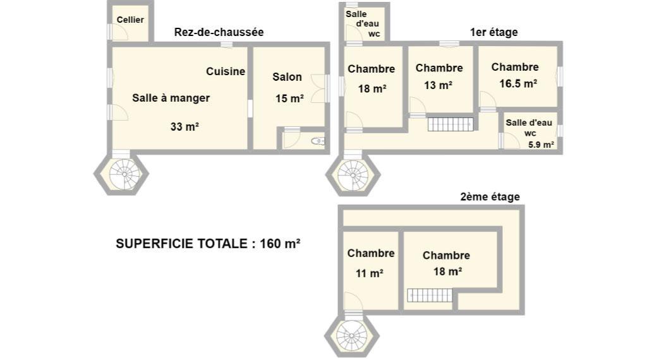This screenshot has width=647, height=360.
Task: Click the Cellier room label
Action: click(x=130, y=20)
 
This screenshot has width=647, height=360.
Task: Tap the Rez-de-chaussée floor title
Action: click(x=219, y=32)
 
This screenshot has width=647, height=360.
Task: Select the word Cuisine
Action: click(x=226, y=71)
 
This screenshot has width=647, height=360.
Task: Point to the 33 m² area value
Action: click(x=184, y=126)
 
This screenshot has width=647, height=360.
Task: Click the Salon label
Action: click(x=287, y=77)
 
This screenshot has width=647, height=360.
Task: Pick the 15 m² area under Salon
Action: click(x=289, y=99)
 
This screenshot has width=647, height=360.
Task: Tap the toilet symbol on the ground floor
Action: click(x=318, y=141)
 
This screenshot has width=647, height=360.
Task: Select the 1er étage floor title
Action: click(x=494, y=32)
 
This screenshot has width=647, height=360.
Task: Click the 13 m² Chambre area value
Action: click(x=438, y=85)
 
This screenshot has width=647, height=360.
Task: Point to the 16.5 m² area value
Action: click(x=518, y=84)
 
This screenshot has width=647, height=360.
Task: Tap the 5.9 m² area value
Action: click(x=541, y=145)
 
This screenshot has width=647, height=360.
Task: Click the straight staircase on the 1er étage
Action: click(x=450, y=124)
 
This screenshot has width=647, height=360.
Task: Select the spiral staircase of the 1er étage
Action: click(x=353, y=175)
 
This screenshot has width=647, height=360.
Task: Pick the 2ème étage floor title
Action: click(x=490, y=196)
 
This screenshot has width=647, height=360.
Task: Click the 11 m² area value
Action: click(x=370, y=273)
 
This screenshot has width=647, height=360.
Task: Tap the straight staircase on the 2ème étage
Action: click(x=430, y=295)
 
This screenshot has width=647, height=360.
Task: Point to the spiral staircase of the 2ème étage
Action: click(x=351, y=335)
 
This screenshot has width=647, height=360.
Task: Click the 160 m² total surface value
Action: click(x=280, y=244)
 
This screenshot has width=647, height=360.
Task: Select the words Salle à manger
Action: click(x=171, y=98)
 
